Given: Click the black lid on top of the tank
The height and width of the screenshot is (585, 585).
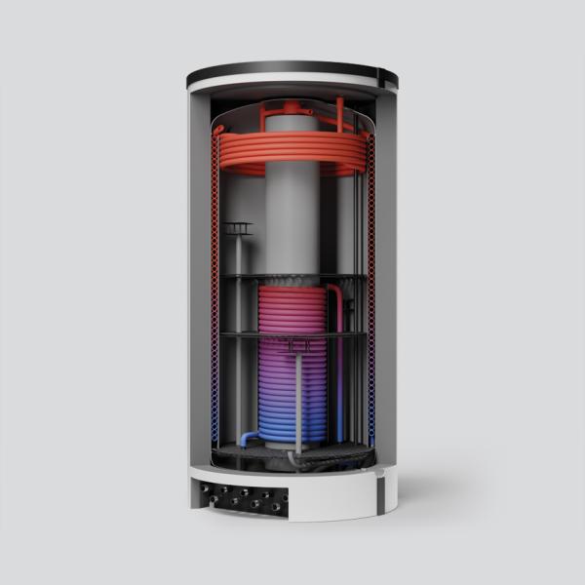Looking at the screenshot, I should click(x=292, y=70).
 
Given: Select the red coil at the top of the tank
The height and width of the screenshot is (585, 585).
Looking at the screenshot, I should click(x=292, y=151).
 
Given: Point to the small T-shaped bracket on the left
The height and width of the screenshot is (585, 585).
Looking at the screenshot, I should click(x=236, y=229).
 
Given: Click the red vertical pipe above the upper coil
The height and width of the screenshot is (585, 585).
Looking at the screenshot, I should click(x=340, y=112).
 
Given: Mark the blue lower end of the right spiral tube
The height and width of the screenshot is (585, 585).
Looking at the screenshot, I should click(x=370, y=409).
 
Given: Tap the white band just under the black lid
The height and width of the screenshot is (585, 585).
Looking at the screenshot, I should click(x=292, y=87).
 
